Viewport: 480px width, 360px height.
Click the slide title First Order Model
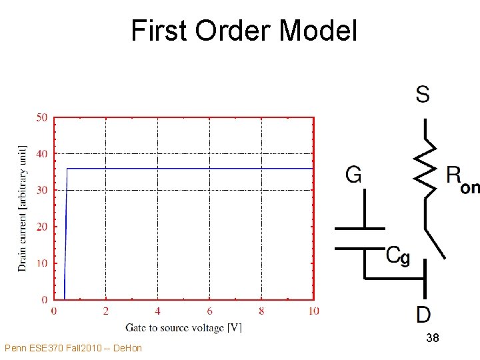pos(244,31)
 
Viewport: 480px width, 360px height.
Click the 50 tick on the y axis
pos(41,118)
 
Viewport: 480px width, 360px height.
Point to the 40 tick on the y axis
pos(41,154)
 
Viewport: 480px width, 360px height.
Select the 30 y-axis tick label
pos(41,190)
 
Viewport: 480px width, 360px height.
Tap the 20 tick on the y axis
pos(41,227)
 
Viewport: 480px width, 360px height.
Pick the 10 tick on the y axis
pos(41,263)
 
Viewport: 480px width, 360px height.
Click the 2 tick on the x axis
pos(105,311)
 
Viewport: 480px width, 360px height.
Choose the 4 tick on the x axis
pos(157,311)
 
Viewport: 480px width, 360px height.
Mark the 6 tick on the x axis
pos(209,311)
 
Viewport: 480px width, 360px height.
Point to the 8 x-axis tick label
pos(261,311)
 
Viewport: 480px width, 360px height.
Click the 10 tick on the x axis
pos(313,311)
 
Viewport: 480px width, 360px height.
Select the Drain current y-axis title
pos(23,208)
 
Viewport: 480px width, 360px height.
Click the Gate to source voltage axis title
pos(183,327)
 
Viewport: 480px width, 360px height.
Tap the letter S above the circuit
pos(423,94)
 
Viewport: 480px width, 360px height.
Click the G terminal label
pos(354,175)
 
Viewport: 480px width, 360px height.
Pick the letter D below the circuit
pos(423,314)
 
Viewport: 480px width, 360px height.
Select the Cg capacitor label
pos(398,255)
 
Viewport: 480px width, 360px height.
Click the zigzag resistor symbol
pos(425,170)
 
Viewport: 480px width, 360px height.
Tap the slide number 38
pos(432,339)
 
